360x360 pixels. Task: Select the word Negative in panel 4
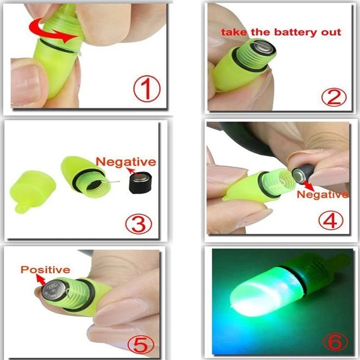click(x=322, y=194)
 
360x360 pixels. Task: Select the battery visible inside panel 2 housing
click(x=262, y=48)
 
